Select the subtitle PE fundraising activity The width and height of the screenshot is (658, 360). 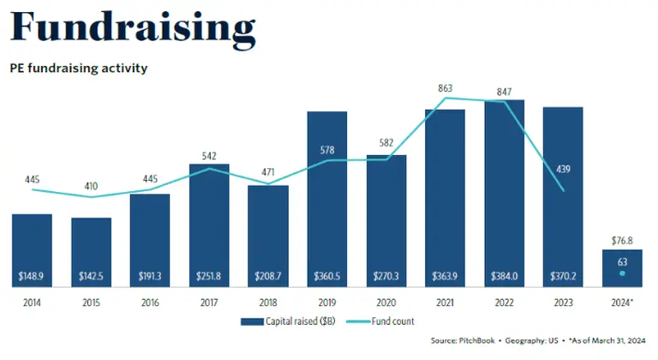click(78, 68)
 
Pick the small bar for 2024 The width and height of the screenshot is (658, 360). click(622, 270)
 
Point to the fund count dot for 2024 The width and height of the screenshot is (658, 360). click(622, 273)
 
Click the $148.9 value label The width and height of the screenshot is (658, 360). click(32, 278)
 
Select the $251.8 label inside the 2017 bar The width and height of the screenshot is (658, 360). click(208, 278)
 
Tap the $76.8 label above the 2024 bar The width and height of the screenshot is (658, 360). click(622, 241)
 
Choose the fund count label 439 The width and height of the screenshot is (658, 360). click(563, 169)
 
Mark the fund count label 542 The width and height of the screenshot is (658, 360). click(208, 156)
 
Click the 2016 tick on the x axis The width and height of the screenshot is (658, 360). click(150, 303)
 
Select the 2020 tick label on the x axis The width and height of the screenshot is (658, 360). click(386, 303)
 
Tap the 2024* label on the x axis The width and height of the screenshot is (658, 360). click(622, 303)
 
